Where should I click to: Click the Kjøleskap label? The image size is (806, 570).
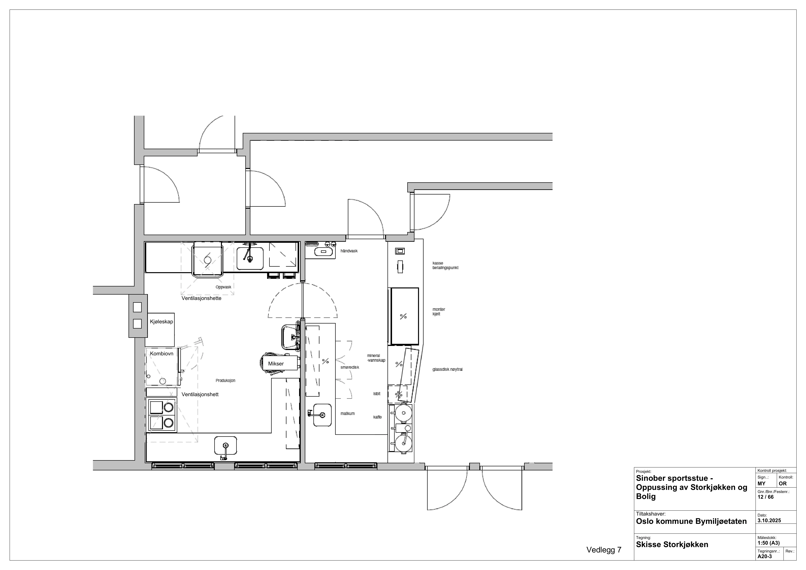coord(161,322)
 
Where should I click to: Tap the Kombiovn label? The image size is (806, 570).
coord(161,353)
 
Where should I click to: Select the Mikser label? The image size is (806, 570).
coord(276,364)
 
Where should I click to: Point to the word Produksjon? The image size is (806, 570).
coord(225,381)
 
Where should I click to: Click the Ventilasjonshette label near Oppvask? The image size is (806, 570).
coord(201,298)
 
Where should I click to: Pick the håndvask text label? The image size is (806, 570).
coord(349,251)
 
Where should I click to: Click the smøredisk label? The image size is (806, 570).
coord(350,367)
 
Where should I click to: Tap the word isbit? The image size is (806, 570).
coord(377,394)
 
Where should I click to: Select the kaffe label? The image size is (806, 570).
coord(377,417)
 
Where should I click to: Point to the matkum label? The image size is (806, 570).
coord(348,414)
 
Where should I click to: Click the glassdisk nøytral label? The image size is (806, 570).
coord(448,369)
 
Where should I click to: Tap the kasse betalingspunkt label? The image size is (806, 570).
coord(445,265)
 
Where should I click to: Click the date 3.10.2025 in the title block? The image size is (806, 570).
coord(769,520)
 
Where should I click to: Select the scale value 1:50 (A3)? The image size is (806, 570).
coord(769,543)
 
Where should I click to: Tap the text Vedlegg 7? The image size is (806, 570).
coord(604,550)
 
